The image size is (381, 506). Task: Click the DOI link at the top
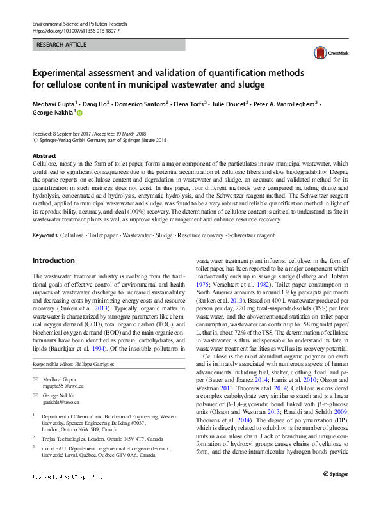[x=75, y=31]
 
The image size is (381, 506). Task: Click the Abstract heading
[x=44, y=156]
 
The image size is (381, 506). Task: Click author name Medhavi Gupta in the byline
[x=54, y=102]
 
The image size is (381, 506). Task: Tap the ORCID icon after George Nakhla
[x=81, y=112]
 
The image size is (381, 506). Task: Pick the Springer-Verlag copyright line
[x=99, y=140]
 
